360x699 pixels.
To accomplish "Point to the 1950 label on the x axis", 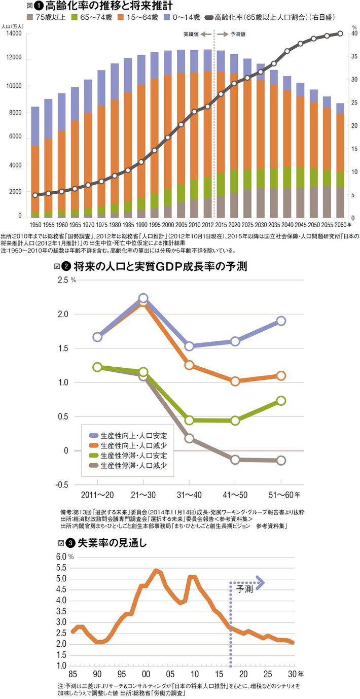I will pyautogui.click(x=35, y=224).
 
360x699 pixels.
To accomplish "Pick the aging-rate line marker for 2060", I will pyautogui.click(x=340, y=33).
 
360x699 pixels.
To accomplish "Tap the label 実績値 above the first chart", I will pyautogui.click(x=191, y=33).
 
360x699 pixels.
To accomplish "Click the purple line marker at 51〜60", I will pyautogui.click(x=281, y=321).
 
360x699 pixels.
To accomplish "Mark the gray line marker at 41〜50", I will pyautogui.click(x=235, y=460).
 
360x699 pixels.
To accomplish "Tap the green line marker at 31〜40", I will pyautogui.click(x=189, y=420).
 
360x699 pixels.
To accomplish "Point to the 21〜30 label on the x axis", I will pyautogui.click(x=143, y=494).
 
